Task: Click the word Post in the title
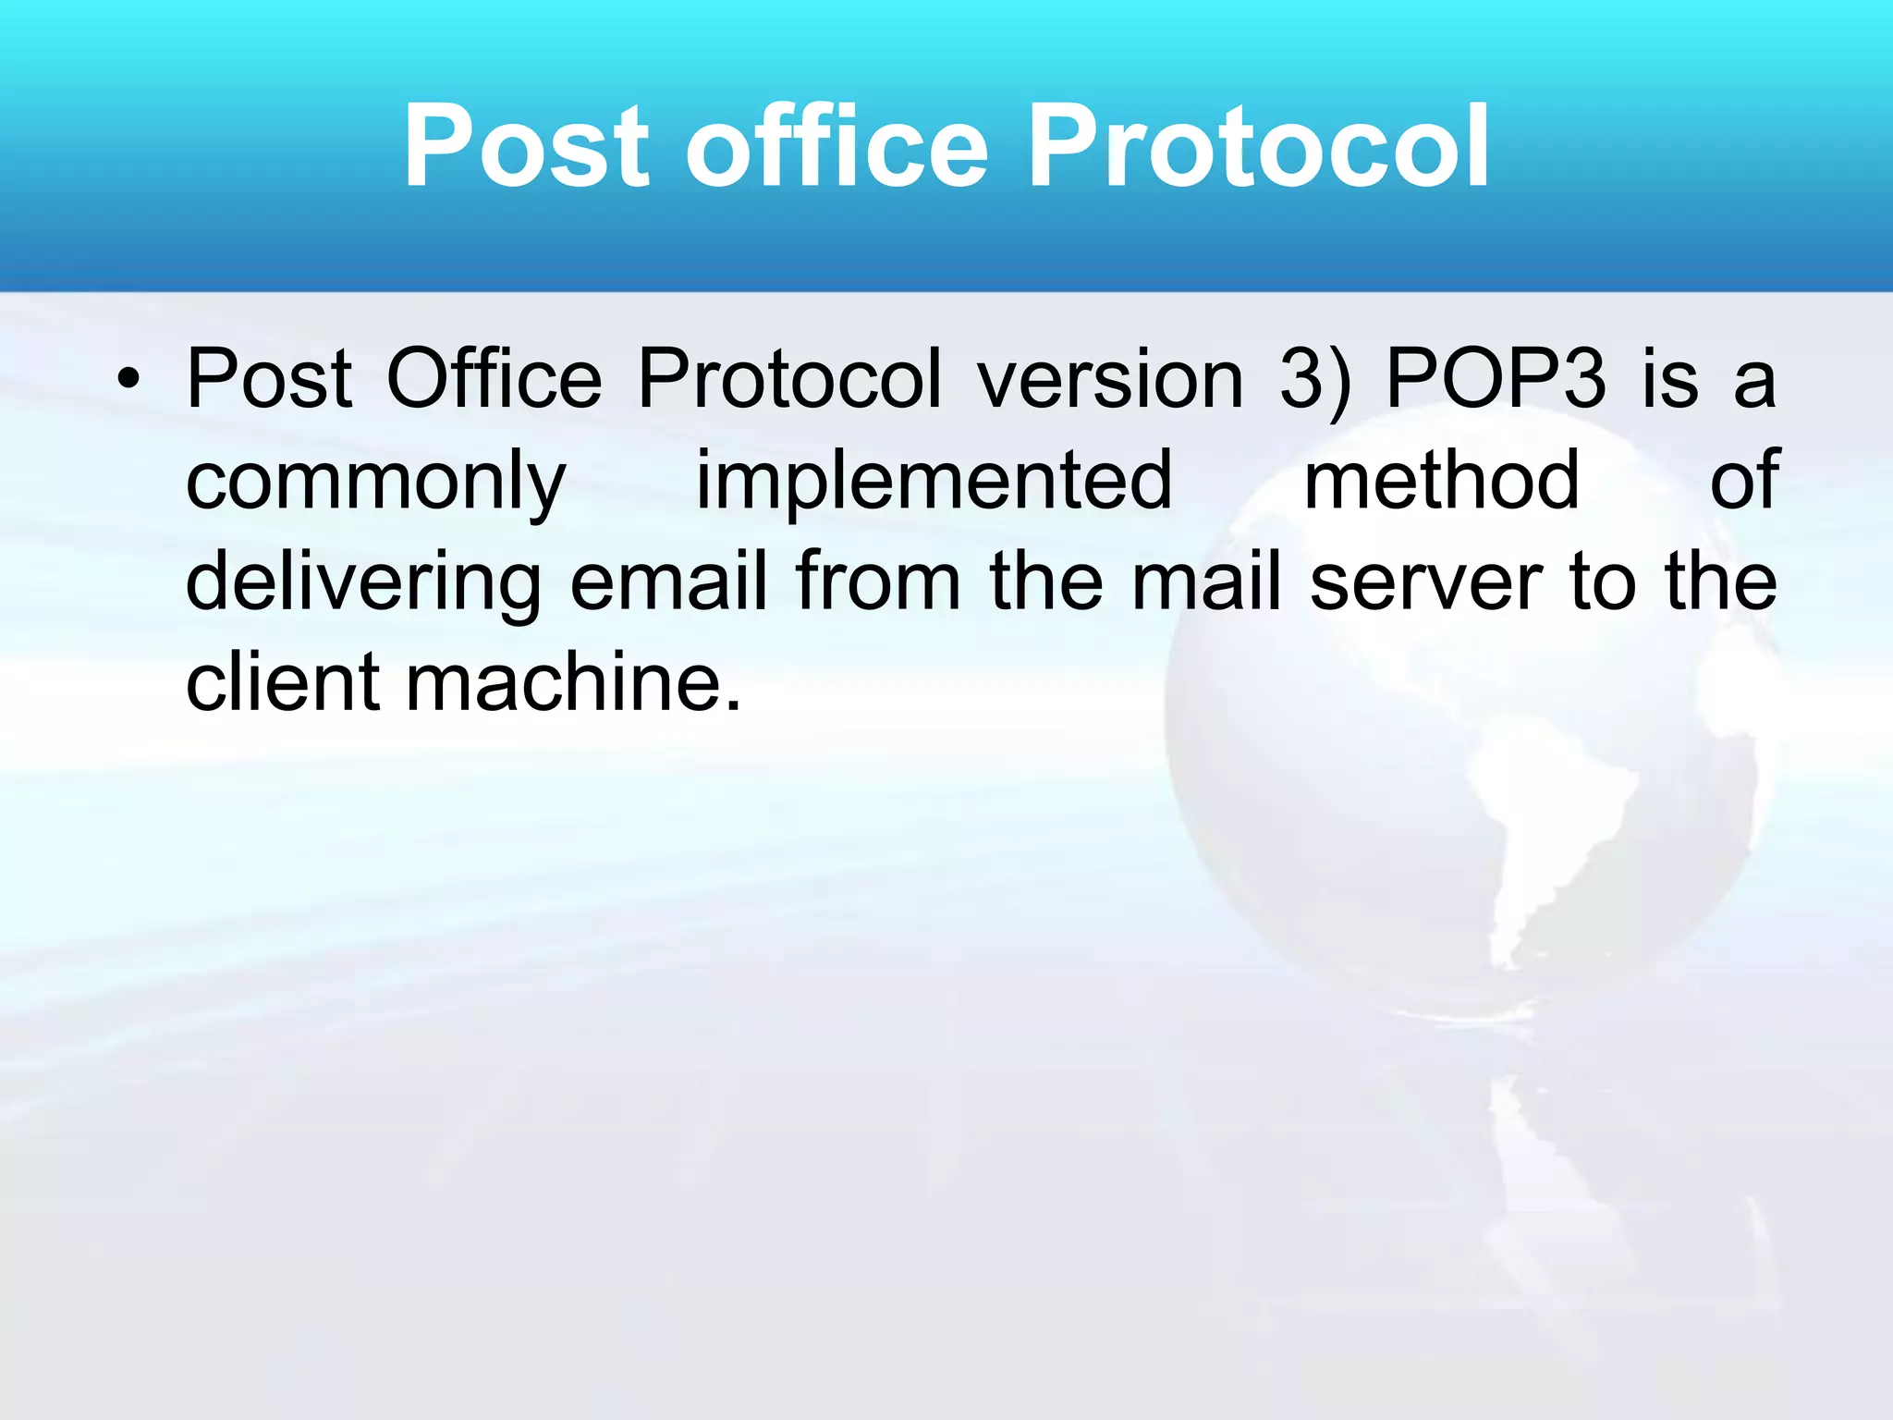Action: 527,146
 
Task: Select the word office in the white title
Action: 837,146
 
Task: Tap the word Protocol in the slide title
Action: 1258,146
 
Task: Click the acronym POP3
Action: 1496,379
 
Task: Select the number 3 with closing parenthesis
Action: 1314,379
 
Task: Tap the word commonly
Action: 375,483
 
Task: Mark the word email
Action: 668,582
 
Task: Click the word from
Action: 878,582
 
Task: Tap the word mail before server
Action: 1206,582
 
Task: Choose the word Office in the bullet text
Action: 494,379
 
